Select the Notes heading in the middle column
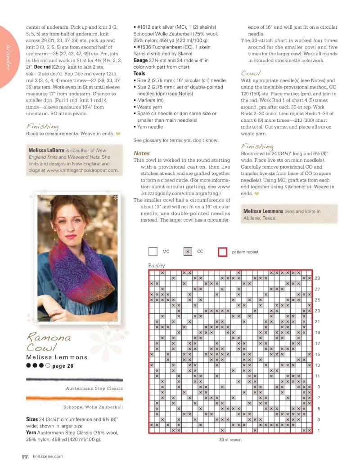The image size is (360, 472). coord(142,153)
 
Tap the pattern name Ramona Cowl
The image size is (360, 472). coord(49,342)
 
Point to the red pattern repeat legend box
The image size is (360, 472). coord(222,252)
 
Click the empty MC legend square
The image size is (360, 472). coord(153,252)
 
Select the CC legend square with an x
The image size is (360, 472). coord(188,252)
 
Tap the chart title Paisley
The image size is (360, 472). coord(157,266)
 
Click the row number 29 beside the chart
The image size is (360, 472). coord(317,278)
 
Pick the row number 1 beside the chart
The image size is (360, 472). coord(317,430)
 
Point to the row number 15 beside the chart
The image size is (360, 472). coord(317,354)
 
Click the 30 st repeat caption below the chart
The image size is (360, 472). coord(230,440)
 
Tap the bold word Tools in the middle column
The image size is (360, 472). coord(139,73)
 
